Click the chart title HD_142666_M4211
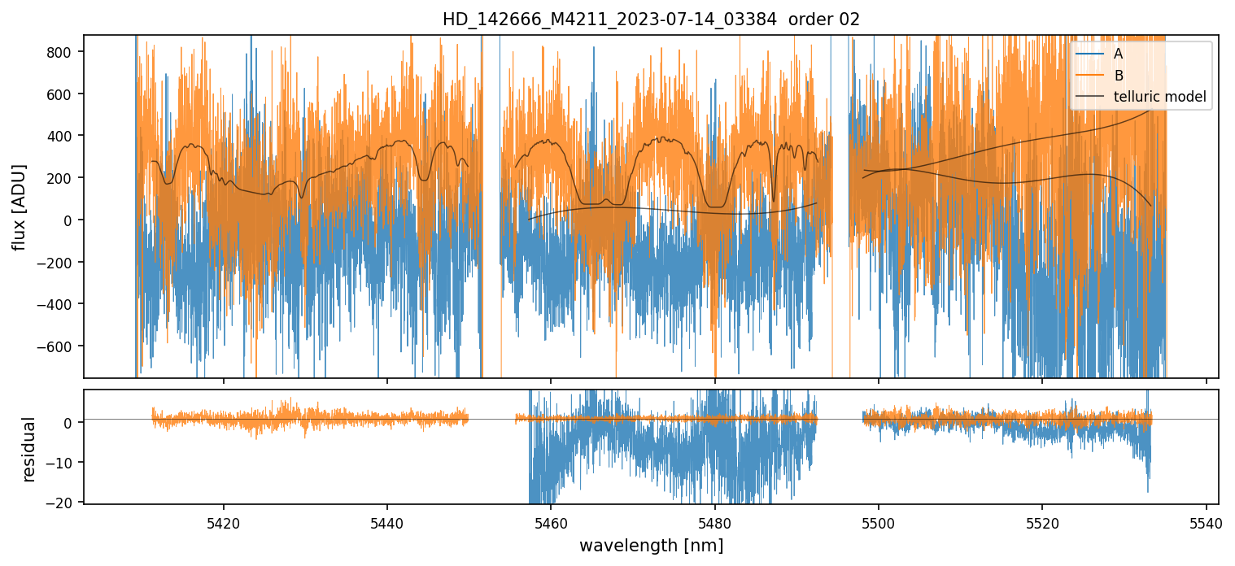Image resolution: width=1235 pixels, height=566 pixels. point(650,20)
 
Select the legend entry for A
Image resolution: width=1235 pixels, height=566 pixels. point(1118,54)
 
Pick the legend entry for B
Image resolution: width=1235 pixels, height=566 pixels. point(1118,76)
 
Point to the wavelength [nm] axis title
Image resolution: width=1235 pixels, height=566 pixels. point(650,545)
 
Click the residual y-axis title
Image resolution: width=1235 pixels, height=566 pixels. point(29,449)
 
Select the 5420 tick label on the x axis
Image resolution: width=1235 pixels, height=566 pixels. point(224,521)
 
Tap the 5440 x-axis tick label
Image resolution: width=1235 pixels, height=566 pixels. point(387,521)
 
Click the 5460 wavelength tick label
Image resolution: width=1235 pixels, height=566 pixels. point(551,521)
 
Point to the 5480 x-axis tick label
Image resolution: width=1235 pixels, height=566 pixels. point(715,521)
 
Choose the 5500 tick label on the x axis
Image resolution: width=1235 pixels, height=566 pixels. point(879,521)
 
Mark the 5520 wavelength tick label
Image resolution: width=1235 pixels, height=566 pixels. point(1042,521)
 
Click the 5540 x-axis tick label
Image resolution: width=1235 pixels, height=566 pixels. point(1206,521)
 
